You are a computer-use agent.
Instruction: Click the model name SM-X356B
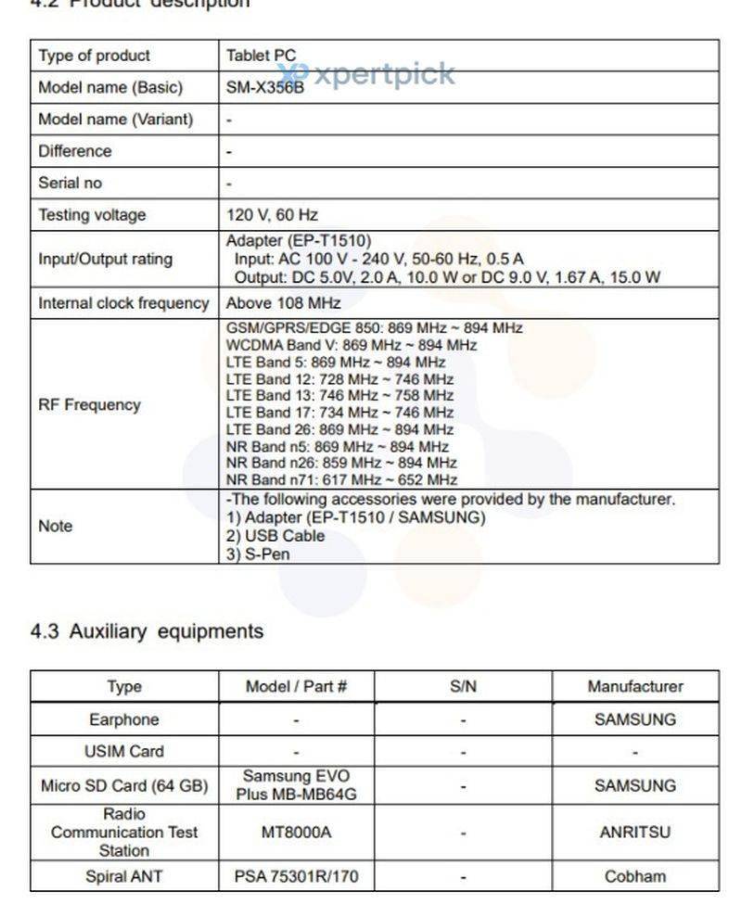click(x=265, y=88)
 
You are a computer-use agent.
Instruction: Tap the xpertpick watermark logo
click(x=371, y=73)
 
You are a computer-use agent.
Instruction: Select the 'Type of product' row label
click(x=94, y=56)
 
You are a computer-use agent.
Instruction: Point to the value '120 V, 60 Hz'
click(x=272, y=215)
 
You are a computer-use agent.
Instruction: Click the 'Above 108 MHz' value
click(x=283, y=303)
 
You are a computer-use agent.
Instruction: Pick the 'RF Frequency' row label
click(x=89, y=404)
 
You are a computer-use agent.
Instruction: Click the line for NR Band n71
click(x=341, y=480)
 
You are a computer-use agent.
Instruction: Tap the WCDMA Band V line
click(x=352, y=345)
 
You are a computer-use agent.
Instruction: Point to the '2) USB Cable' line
click(x=275, y=536)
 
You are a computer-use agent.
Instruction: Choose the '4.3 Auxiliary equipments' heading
click(x=147, y=631)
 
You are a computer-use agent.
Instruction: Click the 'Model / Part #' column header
click(x=296, y=687)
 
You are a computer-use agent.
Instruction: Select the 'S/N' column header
click(x=463, y=687)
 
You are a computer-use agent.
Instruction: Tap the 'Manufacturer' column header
click(x=634, y=687)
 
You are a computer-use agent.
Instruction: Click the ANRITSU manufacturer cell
click(x=634, y=832)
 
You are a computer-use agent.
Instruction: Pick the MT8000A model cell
click(x=296, y=832)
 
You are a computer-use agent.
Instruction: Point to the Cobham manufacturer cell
click(x=634, y=876)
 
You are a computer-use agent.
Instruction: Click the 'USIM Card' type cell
click(x=123, y=751)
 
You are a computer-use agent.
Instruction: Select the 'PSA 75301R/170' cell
click(x=296, y=876)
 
